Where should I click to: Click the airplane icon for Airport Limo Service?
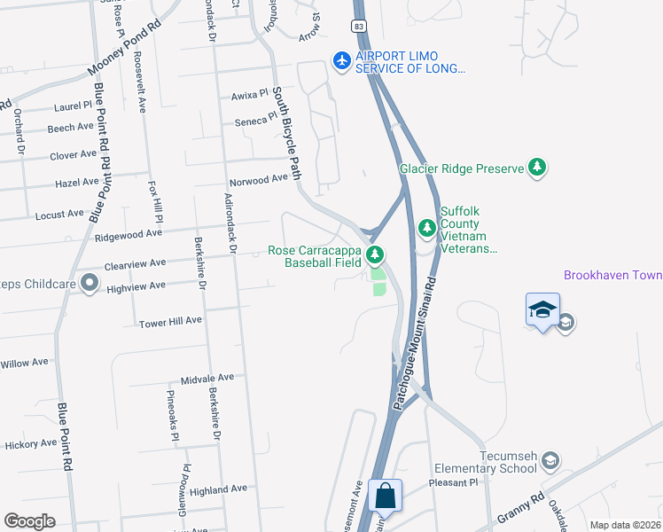point(341,60)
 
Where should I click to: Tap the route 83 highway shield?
point(358,27)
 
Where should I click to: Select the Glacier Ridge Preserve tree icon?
point(536,167)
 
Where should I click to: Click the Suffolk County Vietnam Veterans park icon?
point(427,229)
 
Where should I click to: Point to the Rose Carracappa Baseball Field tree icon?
point(375,256)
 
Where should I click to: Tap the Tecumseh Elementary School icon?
point(551,460)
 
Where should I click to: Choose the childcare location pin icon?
point(90,284)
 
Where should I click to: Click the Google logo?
point(28,521)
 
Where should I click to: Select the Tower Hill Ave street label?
point(170,321)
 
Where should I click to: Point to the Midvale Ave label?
point(207,378)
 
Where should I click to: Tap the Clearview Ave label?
point(135,263)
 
